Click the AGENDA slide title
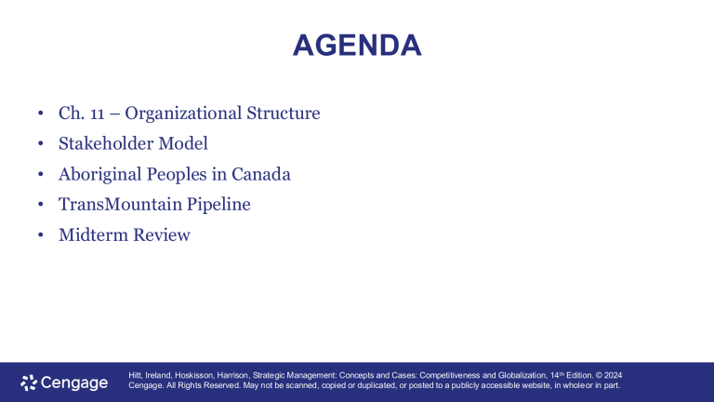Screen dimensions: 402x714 point(357,45)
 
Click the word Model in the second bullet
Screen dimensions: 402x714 point(181,144)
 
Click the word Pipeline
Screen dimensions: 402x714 point(219,205)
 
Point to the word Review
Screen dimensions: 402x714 point(160,235)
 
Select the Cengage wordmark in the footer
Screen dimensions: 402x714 point(74,382)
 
